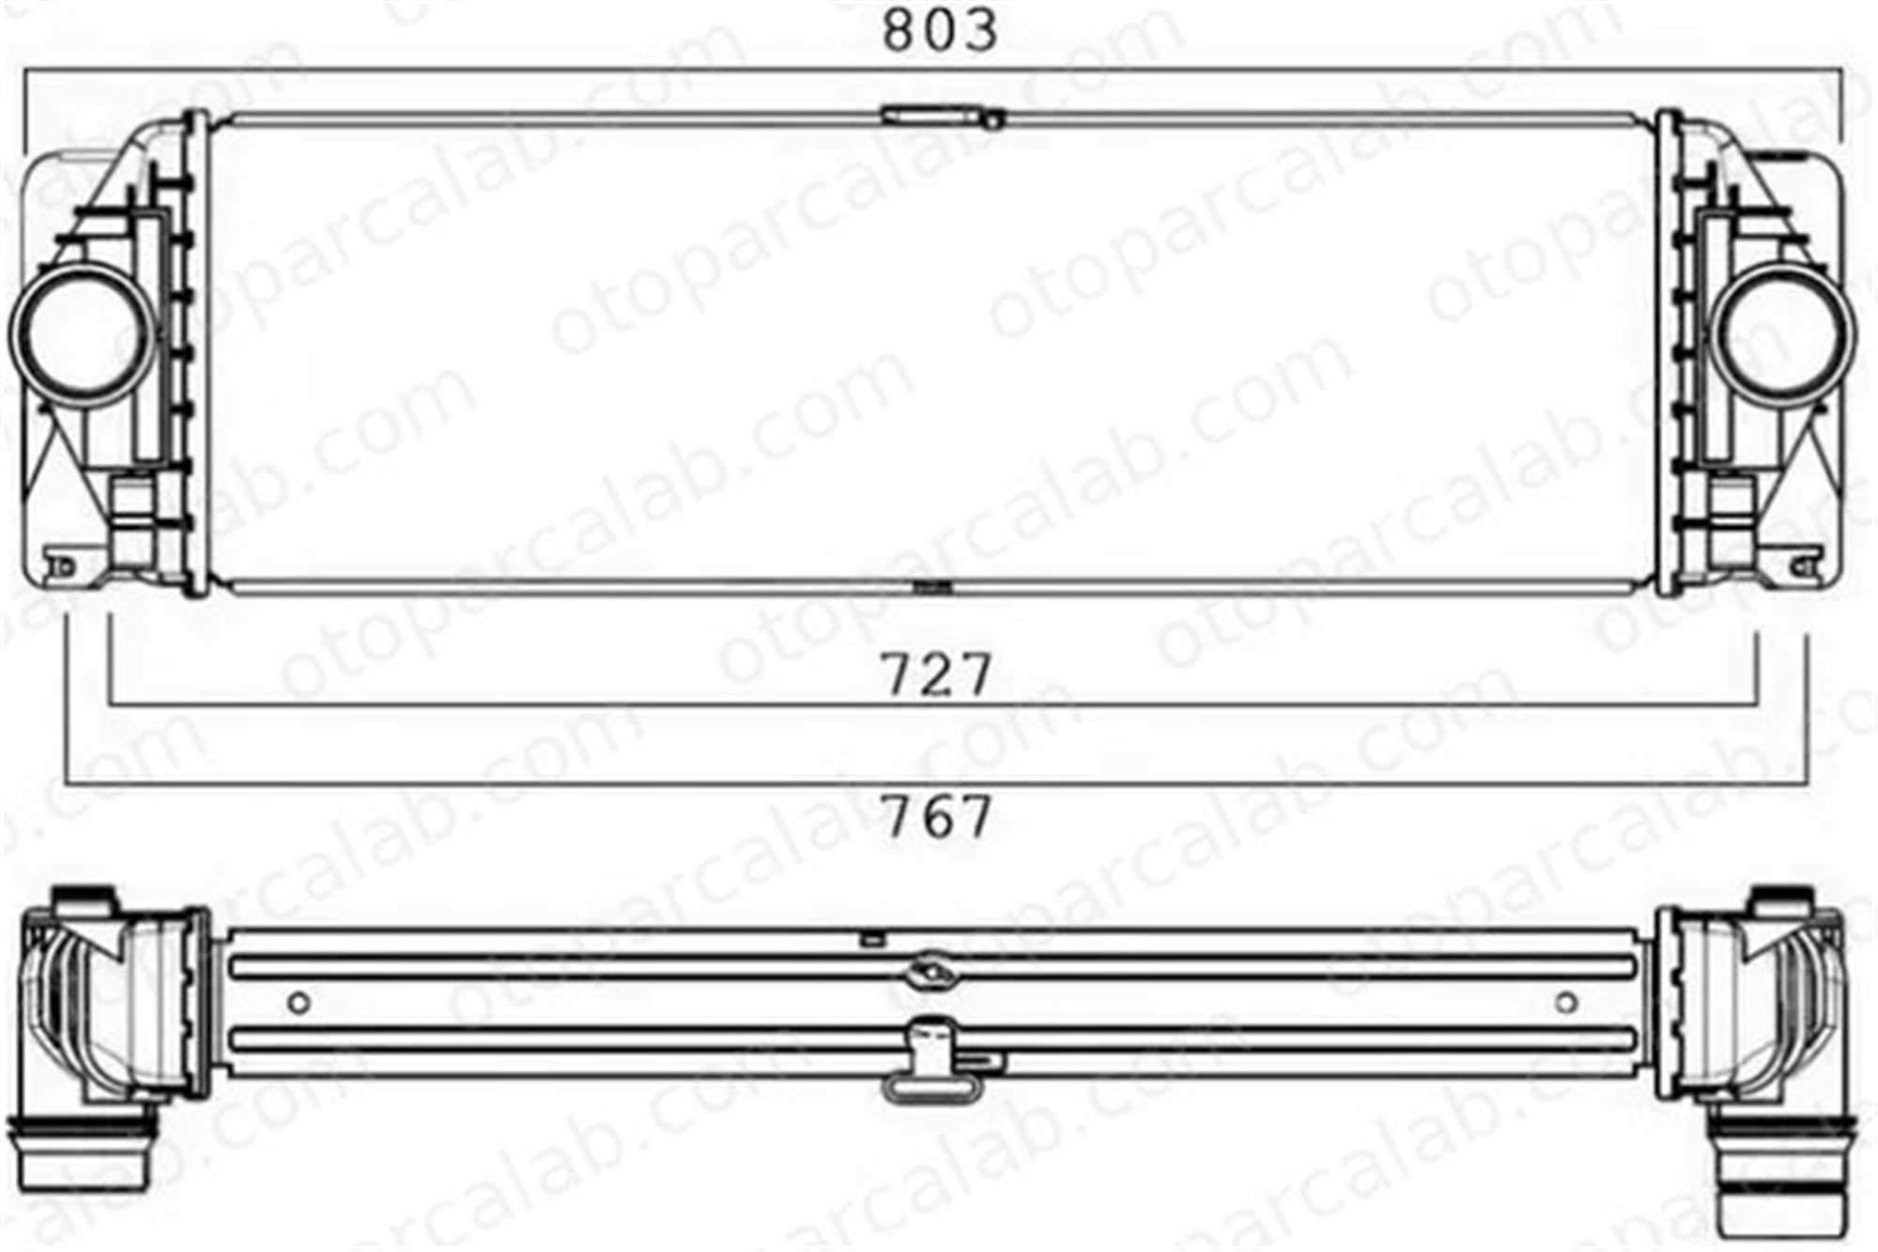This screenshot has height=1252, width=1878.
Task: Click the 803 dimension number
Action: pyautogui.click(x=940, y=30)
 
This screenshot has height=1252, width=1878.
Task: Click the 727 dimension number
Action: pyautogui.click(x=936, y=673)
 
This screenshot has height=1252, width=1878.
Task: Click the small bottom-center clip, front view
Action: pyautogui.click(x=931, y=588)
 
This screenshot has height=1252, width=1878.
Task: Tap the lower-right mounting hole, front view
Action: pyautogui.click(x=1801, y=566)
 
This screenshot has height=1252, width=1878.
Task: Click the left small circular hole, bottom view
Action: pyautogui.click(x=299, y=1002)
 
